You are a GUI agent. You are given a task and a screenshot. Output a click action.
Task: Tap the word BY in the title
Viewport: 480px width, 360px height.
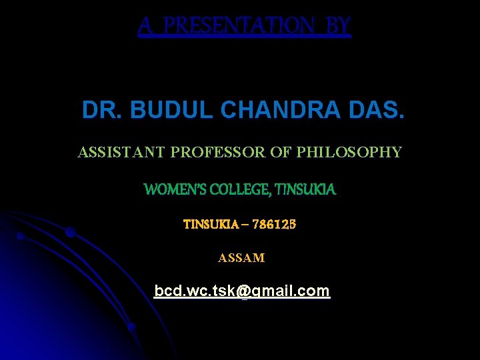click(339, 26)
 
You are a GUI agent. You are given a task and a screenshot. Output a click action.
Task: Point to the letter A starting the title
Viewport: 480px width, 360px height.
click(145, 26)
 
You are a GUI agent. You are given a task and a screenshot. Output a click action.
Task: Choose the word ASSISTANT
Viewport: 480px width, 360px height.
click(121, 153)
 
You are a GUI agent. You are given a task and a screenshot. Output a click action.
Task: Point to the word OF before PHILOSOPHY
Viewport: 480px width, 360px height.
click(281, 153)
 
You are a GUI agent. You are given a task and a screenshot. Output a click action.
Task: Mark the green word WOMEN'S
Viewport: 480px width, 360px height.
click(175, 190)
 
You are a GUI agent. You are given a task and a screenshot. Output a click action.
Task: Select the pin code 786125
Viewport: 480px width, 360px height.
click(273, 225)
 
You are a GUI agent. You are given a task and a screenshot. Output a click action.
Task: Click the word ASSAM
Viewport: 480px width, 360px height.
click(241, 258)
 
